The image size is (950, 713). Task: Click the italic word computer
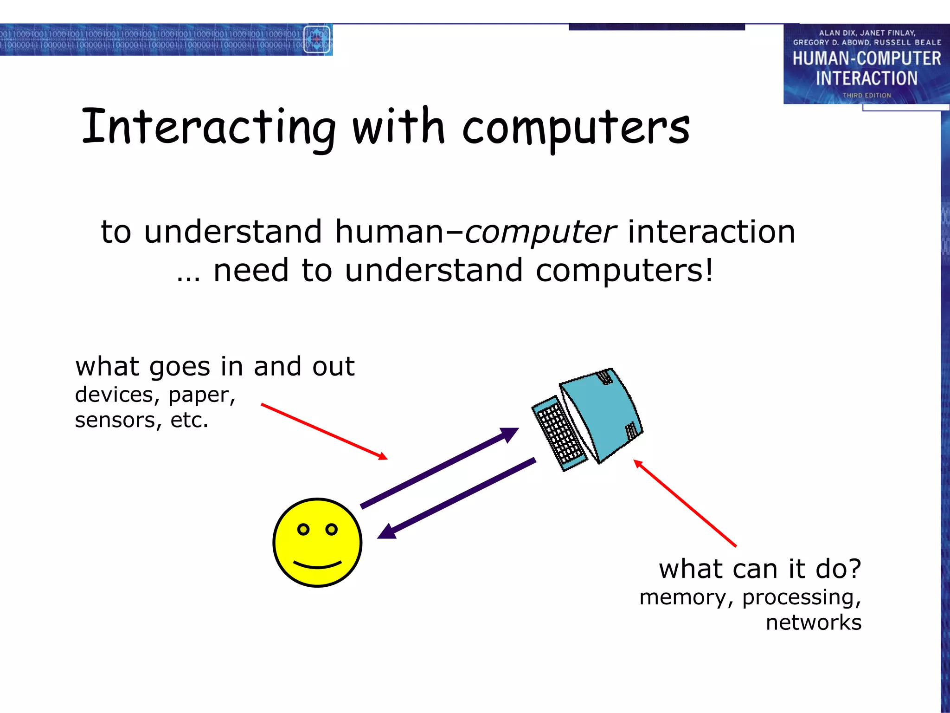(x=540, y=232)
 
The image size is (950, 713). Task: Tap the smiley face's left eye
(x=303, y=529)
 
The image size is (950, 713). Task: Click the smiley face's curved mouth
(x=318, y=565)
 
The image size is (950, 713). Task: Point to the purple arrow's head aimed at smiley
(x=387, y=531)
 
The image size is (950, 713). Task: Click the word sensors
(x=115, y=420)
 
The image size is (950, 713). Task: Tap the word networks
(x=813, y=622)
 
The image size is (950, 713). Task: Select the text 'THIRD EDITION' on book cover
(x=867, y=95)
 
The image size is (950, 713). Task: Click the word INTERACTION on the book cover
(x=867, y=78)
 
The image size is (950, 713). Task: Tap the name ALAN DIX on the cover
(x=838, y=33)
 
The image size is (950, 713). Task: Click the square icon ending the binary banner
(x=317, y=39)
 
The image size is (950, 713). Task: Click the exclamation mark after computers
(x=708, y=270)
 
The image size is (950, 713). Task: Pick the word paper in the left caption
(x=202, y=395)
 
